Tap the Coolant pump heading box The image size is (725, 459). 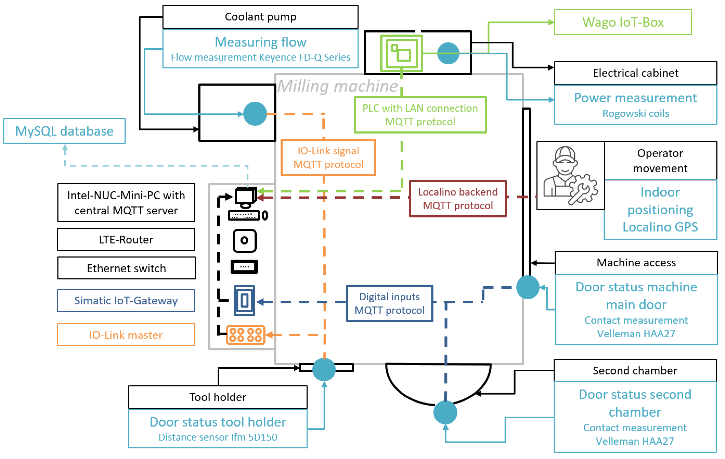click(260, 17)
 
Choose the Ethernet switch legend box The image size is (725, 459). click(126, 268)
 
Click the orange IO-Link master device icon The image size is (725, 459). click(245, 335)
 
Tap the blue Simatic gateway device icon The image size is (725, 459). click(244, 301)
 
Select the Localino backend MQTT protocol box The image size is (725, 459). click(458, 199)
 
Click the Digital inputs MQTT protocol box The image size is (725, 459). click(390, 303)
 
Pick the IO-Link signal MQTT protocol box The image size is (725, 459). click(328, 157)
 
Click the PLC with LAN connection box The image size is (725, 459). click(420, 115)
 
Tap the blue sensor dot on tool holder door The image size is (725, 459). click(324, 369)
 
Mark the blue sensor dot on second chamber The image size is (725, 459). click(445, 412)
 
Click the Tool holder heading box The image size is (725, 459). click(218, 397)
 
